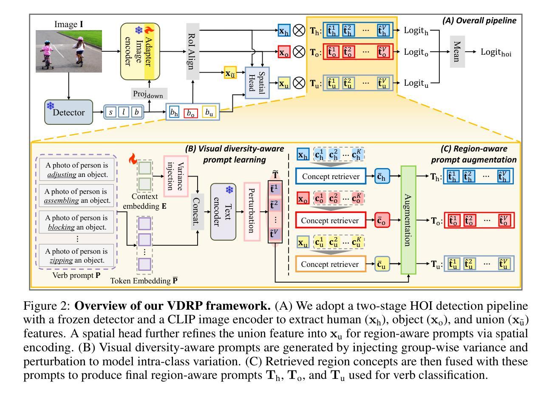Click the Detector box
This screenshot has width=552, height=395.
coord(68,112)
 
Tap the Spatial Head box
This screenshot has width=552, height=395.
coord(257,82)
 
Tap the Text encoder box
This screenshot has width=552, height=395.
coord(223,211)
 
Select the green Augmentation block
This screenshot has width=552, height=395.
coord(407,220)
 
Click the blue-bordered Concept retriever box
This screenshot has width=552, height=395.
coord(330,176)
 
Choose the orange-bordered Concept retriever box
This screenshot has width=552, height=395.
coord(330,264)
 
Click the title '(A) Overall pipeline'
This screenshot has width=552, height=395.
coord(479,20)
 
